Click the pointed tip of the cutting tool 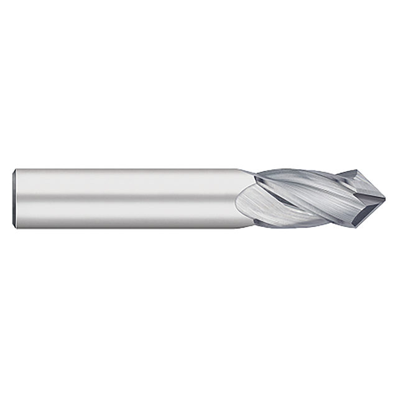(x=385, y=200)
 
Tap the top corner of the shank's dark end (x=14, y=170)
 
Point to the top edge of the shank (x=124, y=169)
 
